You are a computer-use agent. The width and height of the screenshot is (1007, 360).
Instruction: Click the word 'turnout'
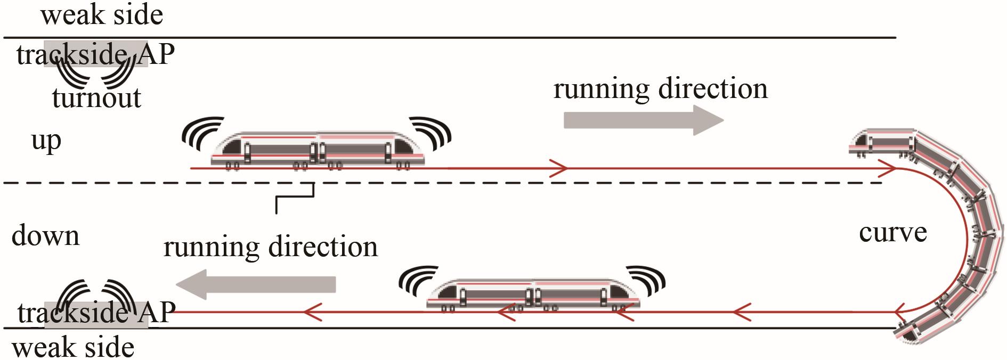[x=97, y=98]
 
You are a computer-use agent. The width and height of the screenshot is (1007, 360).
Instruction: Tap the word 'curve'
[x=893, y=233]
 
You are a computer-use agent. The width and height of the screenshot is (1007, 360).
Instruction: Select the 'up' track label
[x=46, y=142]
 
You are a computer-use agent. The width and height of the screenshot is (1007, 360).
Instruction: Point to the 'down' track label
[x=45, y=235]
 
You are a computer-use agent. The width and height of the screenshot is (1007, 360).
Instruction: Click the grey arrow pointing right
[x=644, y=120]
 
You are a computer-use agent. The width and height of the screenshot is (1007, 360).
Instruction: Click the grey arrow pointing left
[x=256, y=284]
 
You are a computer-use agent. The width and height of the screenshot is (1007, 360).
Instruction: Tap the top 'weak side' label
[x=102, y=14]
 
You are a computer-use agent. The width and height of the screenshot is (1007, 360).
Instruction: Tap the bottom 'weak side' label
[x=73, y=348]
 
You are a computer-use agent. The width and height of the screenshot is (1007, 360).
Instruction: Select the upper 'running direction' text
[x=661, y=88]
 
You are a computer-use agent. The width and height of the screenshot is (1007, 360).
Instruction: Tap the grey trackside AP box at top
[x=96, y=54]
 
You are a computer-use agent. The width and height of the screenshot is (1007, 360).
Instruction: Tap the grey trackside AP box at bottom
[x=96, y=315]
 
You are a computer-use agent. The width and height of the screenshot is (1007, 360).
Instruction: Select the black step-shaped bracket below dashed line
[x=294, y=198]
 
